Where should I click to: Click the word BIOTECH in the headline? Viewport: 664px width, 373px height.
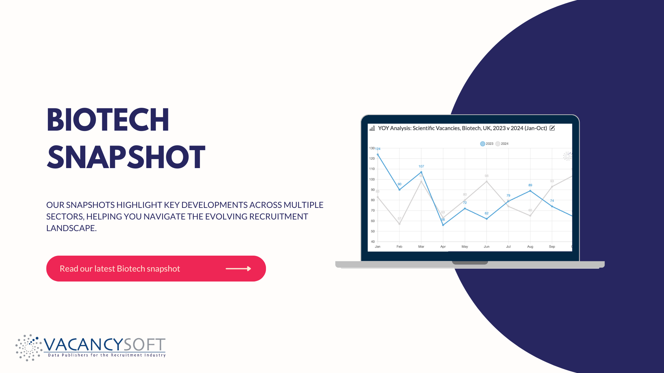(x=108, y=120)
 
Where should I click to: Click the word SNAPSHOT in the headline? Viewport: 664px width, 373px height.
(x=126, y=157)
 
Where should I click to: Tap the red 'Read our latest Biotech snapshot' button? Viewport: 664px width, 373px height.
(x=156, y=269)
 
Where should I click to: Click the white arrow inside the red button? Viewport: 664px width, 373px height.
(x=238, y=269)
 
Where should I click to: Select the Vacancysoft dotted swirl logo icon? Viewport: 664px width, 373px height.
(x=29, y=347)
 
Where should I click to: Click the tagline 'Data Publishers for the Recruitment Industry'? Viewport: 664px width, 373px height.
(x=107, y=355)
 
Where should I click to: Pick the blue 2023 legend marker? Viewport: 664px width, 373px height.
(x=482, y=144)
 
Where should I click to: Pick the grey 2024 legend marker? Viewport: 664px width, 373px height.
(x=498, y=144)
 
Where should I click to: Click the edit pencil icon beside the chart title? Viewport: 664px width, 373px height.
(x=552, y=128)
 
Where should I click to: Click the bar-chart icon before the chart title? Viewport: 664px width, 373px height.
(x=372, y=128)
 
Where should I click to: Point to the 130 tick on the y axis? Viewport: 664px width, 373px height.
(x=372, y=148)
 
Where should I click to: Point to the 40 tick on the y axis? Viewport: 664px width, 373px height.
(x=373, y=242)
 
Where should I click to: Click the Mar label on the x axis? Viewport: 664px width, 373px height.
(x=421, y=247)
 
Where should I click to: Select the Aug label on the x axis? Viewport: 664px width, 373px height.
(x=530, y=247)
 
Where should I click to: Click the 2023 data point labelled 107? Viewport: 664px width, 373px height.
(x=421, y=172)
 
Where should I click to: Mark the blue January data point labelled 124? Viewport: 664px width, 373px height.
(x=378, y=155)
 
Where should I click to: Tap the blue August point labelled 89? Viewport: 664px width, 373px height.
(x=530, y=191)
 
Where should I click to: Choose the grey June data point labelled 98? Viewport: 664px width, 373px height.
(x=487, y=181)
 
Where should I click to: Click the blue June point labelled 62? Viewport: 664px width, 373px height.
(x=487, y=219)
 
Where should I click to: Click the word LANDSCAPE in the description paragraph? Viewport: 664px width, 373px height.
(x=71, y=228)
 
